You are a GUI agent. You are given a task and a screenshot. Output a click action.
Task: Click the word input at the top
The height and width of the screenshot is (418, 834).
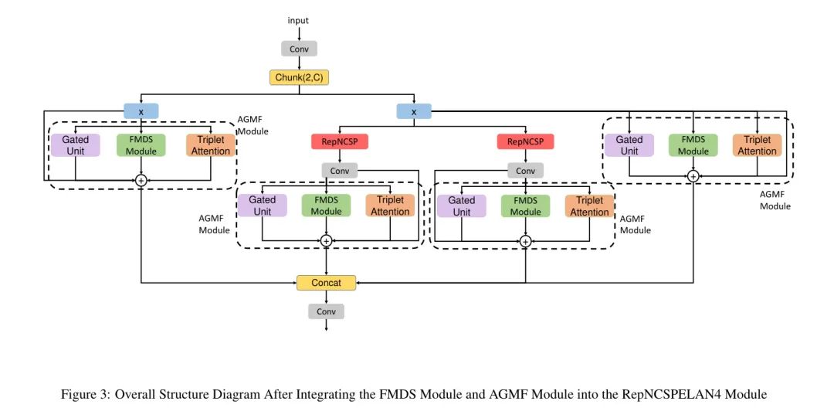[298, 20]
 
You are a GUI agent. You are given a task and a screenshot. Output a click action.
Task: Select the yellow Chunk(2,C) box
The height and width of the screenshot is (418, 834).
[299, 77]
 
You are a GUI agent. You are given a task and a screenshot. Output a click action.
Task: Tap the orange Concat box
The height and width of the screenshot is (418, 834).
[326, 283]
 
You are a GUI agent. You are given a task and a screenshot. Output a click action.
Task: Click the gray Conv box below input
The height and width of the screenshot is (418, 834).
[299, 49]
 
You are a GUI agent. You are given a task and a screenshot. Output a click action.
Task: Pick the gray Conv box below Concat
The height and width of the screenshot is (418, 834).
[326, 311]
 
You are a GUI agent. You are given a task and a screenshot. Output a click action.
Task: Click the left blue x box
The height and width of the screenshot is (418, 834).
[141, 111]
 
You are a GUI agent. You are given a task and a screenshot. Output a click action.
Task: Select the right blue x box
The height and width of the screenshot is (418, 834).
[414, 111]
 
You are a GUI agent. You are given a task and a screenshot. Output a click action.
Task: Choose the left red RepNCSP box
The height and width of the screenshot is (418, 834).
[339, 141]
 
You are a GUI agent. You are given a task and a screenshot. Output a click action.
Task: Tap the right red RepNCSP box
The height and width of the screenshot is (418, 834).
[525, 141]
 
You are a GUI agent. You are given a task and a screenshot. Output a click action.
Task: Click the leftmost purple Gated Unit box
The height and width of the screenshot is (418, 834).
[76, 145]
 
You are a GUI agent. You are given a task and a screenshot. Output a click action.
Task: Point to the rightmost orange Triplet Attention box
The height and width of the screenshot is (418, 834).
[757, 145]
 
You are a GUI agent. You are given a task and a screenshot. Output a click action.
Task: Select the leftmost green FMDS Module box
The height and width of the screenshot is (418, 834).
[141, 145]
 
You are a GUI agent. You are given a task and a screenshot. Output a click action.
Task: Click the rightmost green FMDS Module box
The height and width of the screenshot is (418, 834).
[693, 145]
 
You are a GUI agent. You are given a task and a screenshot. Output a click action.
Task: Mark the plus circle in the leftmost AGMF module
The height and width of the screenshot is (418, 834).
[141, 179]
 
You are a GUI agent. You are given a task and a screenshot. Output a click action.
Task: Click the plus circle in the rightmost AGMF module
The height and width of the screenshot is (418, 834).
[693, 176]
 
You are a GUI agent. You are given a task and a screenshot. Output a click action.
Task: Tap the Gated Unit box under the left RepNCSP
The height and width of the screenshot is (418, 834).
[263, 206]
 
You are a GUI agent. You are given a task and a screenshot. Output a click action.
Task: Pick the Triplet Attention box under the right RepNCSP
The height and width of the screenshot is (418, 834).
[590, 206]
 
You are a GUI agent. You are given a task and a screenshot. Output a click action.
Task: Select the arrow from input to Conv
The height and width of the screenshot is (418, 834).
[299, 32]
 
